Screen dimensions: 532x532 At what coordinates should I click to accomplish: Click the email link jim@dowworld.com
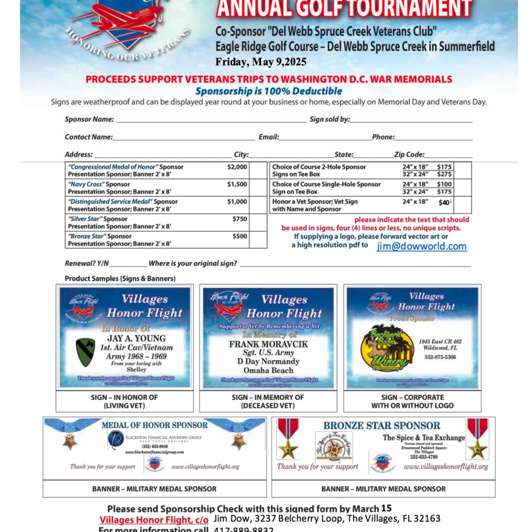point(422,246)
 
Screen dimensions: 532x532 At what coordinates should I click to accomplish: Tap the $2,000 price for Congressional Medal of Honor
point(237,167)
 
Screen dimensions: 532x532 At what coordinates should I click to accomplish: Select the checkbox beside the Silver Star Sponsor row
point(258,223)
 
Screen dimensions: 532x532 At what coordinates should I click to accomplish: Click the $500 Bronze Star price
point(240,236)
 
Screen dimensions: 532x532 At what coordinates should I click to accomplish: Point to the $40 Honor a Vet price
point(444,203)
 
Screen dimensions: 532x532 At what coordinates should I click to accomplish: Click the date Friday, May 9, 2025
point(261,62)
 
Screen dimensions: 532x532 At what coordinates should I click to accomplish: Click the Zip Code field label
point(409,155)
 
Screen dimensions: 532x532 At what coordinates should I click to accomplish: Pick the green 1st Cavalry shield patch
point(86,352)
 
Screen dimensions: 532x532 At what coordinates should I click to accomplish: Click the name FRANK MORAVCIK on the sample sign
point(268,344)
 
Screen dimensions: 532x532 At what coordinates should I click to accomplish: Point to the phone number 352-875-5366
point(440,357)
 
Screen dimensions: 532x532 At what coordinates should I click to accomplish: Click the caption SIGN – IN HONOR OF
point(124,398)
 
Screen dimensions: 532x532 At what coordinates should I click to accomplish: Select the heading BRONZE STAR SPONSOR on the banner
point(381,426)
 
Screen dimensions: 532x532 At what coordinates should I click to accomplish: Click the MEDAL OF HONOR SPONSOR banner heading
point(154,425)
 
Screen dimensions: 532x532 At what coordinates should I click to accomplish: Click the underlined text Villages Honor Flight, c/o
point(154,520)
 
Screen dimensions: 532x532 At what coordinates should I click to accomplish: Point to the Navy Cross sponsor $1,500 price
point(237,184)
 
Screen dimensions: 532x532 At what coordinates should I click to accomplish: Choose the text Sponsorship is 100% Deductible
point(269,91)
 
